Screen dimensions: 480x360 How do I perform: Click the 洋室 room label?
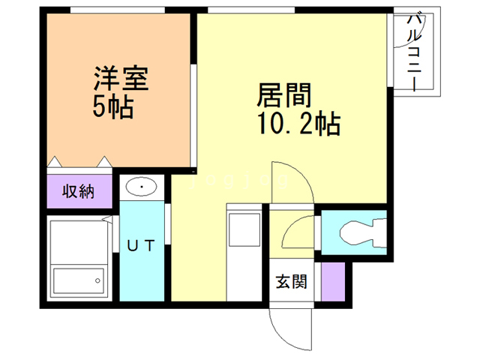121,78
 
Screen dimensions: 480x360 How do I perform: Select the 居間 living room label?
284,95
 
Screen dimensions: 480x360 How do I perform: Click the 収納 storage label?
78,192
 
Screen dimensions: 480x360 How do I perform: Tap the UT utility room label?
141,245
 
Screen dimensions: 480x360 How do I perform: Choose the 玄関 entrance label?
291,281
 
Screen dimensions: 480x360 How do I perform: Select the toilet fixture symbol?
363,232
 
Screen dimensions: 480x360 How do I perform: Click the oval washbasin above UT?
142,187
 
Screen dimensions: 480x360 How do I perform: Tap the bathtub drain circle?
97,280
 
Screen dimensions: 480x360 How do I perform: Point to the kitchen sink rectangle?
244,229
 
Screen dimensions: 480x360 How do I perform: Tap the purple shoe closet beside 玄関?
333,282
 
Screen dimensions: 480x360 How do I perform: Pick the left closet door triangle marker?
55,162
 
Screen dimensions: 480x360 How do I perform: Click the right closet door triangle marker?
104,162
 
